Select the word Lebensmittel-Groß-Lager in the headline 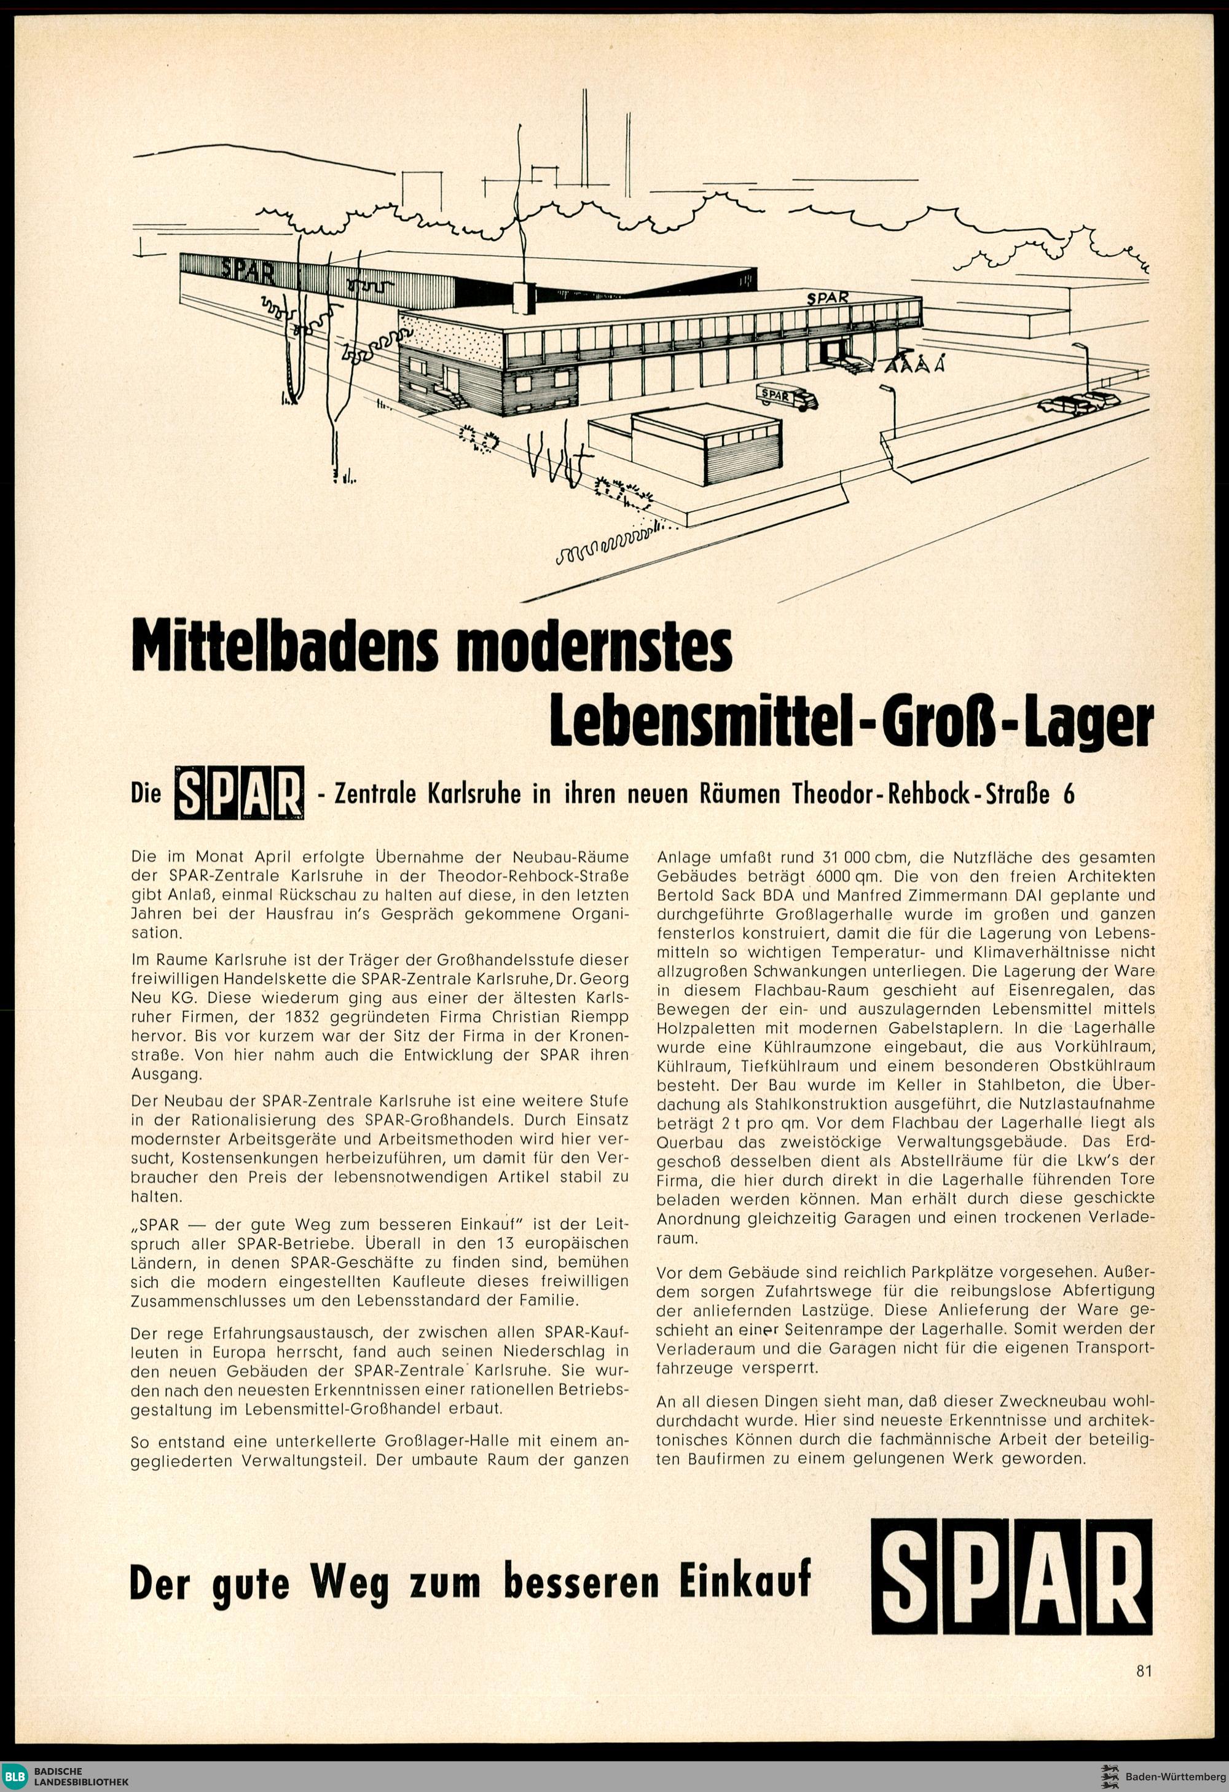click(x=850, y=721)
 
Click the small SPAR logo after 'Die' click(x=239, y=793)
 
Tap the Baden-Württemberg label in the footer click(x=1176, y=1772)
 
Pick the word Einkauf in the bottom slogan click(x=745, y=1581)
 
